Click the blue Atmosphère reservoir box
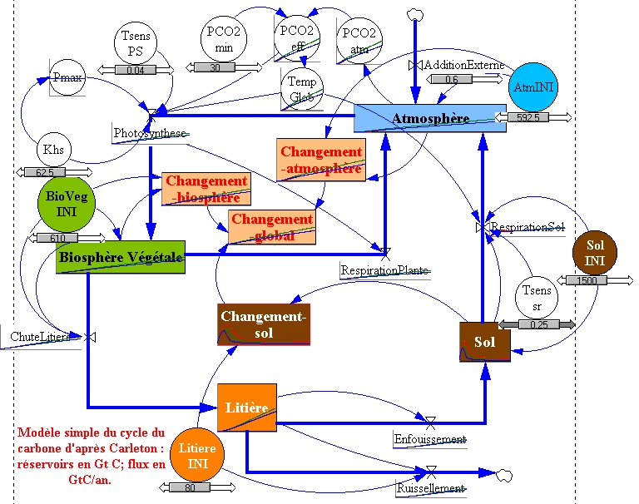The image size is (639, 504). tap(429, 118)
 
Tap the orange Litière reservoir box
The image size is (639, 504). tap(245, 408)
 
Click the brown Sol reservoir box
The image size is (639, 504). tap(483, 342)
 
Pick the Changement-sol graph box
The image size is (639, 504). tap(264, 324)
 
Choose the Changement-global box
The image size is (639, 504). tap(272, 227)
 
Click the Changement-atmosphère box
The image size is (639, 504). tap(321, 160)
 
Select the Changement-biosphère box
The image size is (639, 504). tap(206, 189)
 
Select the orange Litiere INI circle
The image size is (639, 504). tap(197, 455)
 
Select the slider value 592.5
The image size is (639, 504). tap(528, 117)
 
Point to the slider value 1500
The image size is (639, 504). tap(587, 281)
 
